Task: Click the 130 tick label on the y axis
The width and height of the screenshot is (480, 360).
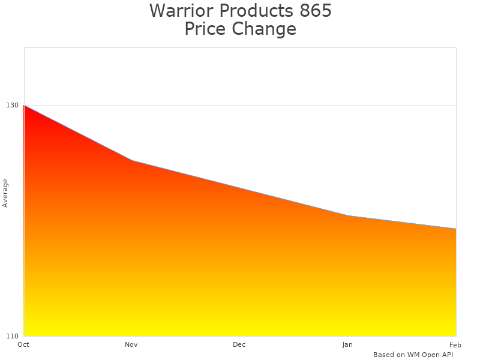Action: pyautogui.click(x=12, y=105)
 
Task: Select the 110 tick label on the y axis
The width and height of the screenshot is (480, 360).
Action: pyautogui.click(x=12, y=335)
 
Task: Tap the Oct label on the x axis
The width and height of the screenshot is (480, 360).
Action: pyautogui.click(x=23, y=344)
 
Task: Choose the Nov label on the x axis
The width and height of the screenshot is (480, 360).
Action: pyautogui.click(x=131, y=344)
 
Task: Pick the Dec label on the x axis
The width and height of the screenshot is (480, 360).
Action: pyautogui.click(x=239, y=344)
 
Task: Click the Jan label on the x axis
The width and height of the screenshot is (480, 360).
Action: pyautogui.click(x=347, y=344)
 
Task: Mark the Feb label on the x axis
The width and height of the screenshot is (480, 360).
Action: pyautogui.click(x=455, y=344)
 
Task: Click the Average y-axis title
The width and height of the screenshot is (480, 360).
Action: pyautogui.click(x=5, y=193)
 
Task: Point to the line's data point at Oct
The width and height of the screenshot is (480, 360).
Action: pyautogui.click(x=24, y=105)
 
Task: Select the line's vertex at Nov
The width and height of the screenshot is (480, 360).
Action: pyautogui.click(x=132, y=160)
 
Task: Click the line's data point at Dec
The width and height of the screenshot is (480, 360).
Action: pyautogui.click(x=240, y=188)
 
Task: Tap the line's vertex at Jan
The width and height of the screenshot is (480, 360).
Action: pyautogui.click(x=348, y=215)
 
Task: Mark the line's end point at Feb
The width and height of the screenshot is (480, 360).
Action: pyautogui.click(x=456, y=229)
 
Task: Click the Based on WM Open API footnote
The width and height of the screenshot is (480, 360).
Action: pyautogui.click(x=413, y=355)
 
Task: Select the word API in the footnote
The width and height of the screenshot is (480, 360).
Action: pyautogui.click(x=446, y=355)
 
